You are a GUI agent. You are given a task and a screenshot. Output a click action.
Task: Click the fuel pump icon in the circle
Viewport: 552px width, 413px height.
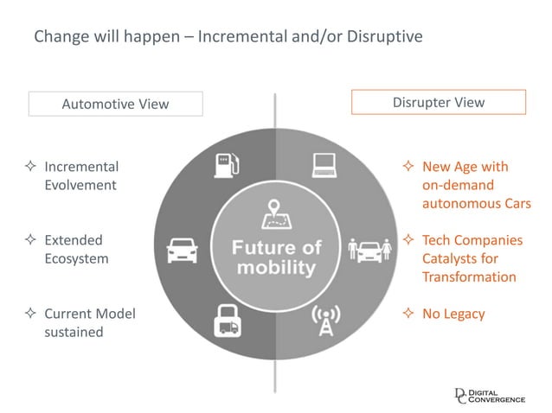(227, 164)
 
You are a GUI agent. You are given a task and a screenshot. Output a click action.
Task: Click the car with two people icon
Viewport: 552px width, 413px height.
(369, 250)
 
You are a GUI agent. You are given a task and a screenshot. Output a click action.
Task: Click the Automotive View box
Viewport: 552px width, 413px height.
(115, 104)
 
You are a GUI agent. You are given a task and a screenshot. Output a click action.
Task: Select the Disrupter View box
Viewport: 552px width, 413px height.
(438, 102)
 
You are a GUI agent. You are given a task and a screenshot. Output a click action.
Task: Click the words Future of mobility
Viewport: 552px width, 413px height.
(276, 257)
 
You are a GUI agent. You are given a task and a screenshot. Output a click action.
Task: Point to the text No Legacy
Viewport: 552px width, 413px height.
(453, 314)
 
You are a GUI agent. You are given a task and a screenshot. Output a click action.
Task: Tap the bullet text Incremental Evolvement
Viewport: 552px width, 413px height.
(80, 175)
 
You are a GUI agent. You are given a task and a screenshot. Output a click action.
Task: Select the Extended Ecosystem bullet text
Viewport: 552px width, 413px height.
(76, 249)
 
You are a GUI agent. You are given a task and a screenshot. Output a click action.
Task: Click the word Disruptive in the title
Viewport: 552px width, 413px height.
(384, 38)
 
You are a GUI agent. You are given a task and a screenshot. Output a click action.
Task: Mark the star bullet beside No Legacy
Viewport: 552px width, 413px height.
(408, 314)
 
